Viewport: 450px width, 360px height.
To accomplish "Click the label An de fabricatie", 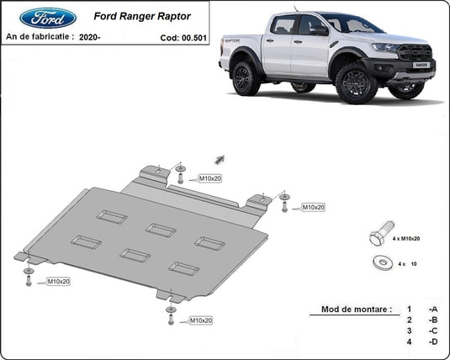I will click(39, 37).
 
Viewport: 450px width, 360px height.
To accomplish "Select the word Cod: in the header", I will click(169, 38).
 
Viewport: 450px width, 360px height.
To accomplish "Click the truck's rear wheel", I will click(245, 78).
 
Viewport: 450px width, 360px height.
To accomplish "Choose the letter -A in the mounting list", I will click(432, 310).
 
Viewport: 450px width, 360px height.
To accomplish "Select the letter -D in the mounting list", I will click(432, 341).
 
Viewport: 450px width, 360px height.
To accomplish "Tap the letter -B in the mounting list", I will click(432, 320).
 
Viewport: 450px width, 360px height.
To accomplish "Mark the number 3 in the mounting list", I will click(409, 331).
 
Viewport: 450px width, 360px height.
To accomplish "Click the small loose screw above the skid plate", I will click(219, 158).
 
